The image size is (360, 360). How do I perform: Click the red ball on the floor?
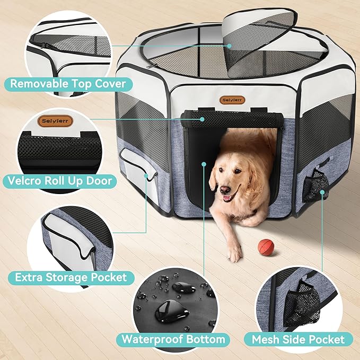point(265,246)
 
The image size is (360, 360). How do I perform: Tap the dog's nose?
point(225,189)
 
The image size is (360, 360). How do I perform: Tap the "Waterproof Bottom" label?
point(174,339)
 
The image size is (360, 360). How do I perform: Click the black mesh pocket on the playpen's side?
point(318,186)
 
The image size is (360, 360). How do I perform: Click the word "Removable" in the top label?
point(36,83)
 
